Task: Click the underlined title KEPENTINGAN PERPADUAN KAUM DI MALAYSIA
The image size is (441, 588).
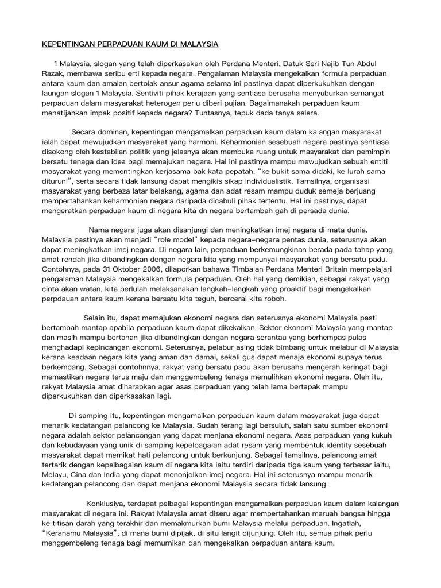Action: (x=129, y=44)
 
